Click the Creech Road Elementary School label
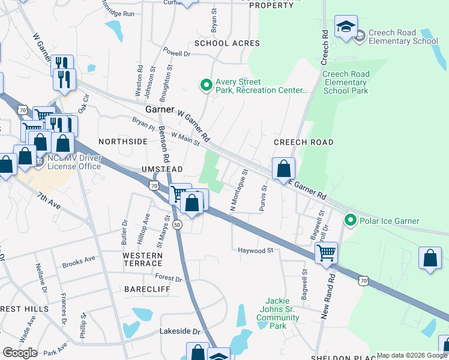tap(403, 37)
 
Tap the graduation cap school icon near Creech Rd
tap(346, 27)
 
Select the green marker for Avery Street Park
tap(206, 86)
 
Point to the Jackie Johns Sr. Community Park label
tap(277, 313)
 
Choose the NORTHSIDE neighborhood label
tap(122, 142)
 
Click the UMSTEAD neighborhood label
tap(161, 170)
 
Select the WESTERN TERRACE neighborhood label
tap(143, 259)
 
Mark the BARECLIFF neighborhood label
tap(148, 289)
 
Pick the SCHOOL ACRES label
tap(227, 43)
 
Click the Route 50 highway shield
tap(177, 224)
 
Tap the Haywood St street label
tap(255, 250)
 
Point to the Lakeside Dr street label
tap(179, 331)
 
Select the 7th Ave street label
tap(49, 201)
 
